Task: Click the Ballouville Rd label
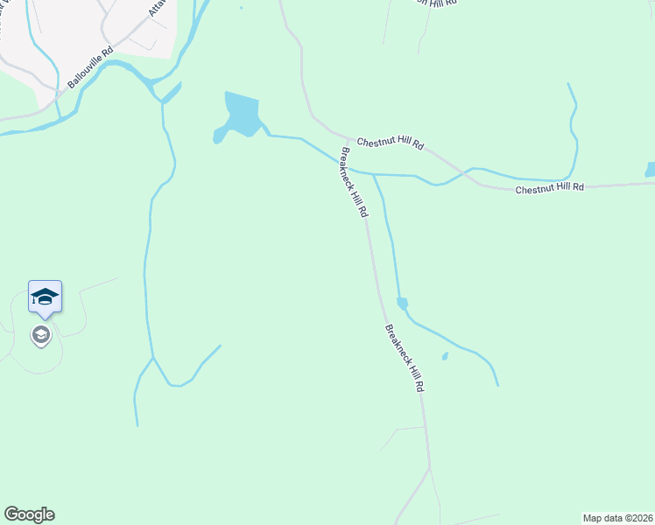click(x=91, y=67)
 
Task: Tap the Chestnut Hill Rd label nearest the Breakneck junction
click(x=389, y=143)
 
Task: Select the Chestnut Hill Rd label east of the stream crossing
click(x=549, y=188)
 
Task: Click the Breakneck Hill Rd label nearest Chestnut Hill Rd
click(x=354, y=183)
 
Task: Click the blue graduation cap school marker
click(x=45, y=297)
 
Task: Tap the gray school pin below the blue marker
click(x=40, y=334)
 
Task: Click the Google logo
click(x=29, y=514)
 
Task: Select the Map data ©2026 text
click(x=617, y=517)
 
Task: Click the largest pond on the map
click(x=241, y=115)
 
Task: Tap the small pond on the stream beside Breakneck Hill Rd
click(x=402, y=304)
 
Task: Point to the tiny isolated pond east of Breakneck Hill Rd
click(x=445, y=356)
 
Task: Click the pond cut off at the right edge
click(x=650, y=170)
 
